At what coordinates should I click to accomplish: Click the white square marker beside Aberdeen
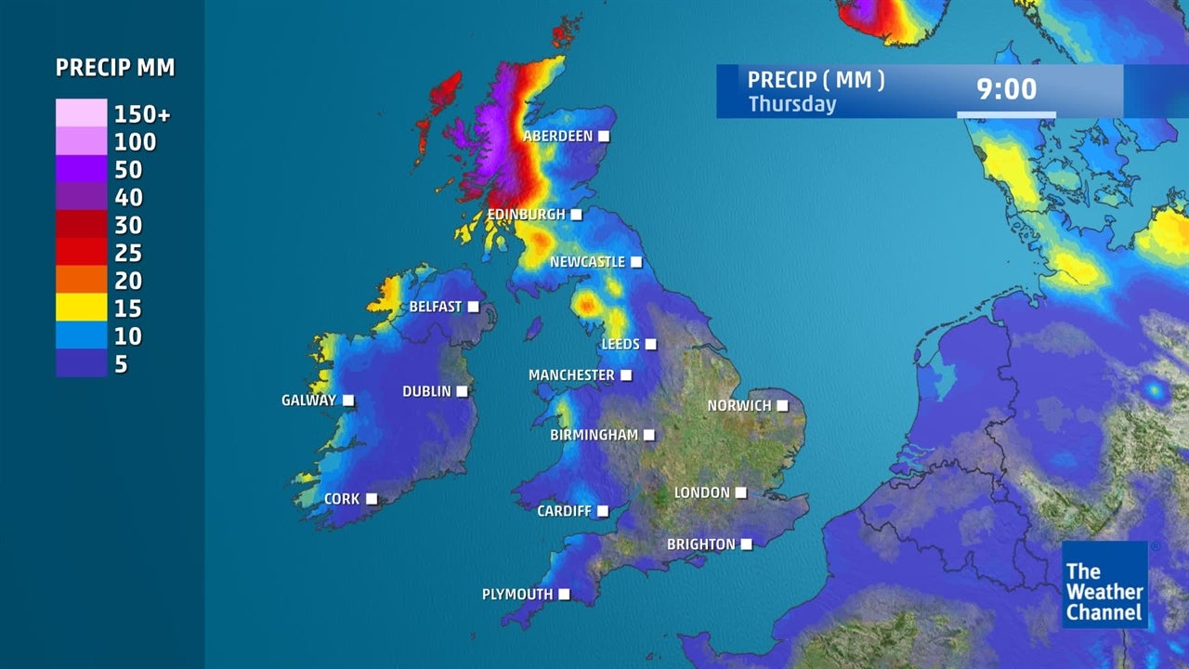click(x=604, y=137)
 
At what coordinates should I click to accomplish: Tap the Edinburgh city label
click(x=526, y=215)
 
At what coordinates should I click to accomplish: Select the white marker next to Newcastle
click(x=636, y=262)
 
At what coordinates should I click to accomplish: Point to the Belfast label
click(x=436, y=307)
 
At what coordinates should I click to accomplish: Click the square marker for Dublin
click(x=462, y=391)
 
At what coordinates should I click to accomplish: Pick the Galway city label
click(x=308, y=400)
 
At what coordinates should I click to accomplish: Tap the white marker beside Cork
click(x=372, y=499)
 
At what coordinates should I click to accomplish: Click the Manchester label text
click(x=571, y=375)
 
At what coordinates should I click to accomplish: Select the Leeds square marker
click(x=651, y=345)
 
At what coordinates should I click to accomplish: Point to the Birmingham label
click(x=594, y=435)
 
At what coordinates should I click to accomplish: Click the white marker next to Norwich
click(x=782, y=406)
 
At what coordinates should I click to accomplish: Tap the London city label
click(x=702, y=492)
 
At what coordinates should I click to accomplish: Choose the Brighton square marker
click(x=746, y=544)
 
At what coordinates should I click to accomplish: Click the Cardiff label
click(x=564, y=511)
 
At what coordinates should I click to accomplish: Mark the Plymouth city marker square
click(x=564, y=595)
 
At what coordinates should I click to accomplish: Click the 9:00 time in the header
click(x=1006, y=89)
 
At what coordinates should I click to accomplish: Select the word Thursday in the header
click(x=792, y=104)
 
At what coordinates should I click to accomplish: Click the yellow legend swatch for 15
click(x=81, y=308)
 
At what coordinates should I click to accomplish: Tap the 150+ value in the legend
click(x=142, y=114)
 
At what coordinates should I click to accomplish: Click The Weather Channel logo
click(x=1104, y=585)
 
